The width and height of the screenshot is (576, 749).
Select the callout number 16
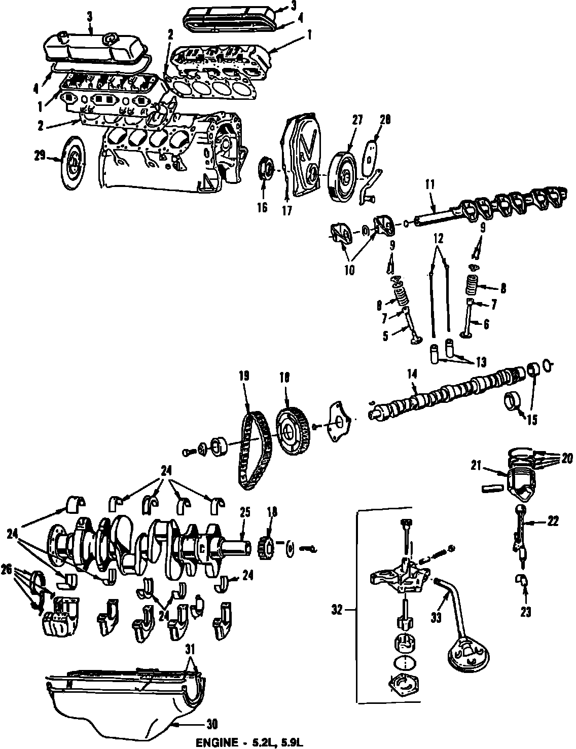(262, 207)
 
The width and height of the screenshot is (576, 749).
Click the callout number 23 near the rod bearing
(525, 613)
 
